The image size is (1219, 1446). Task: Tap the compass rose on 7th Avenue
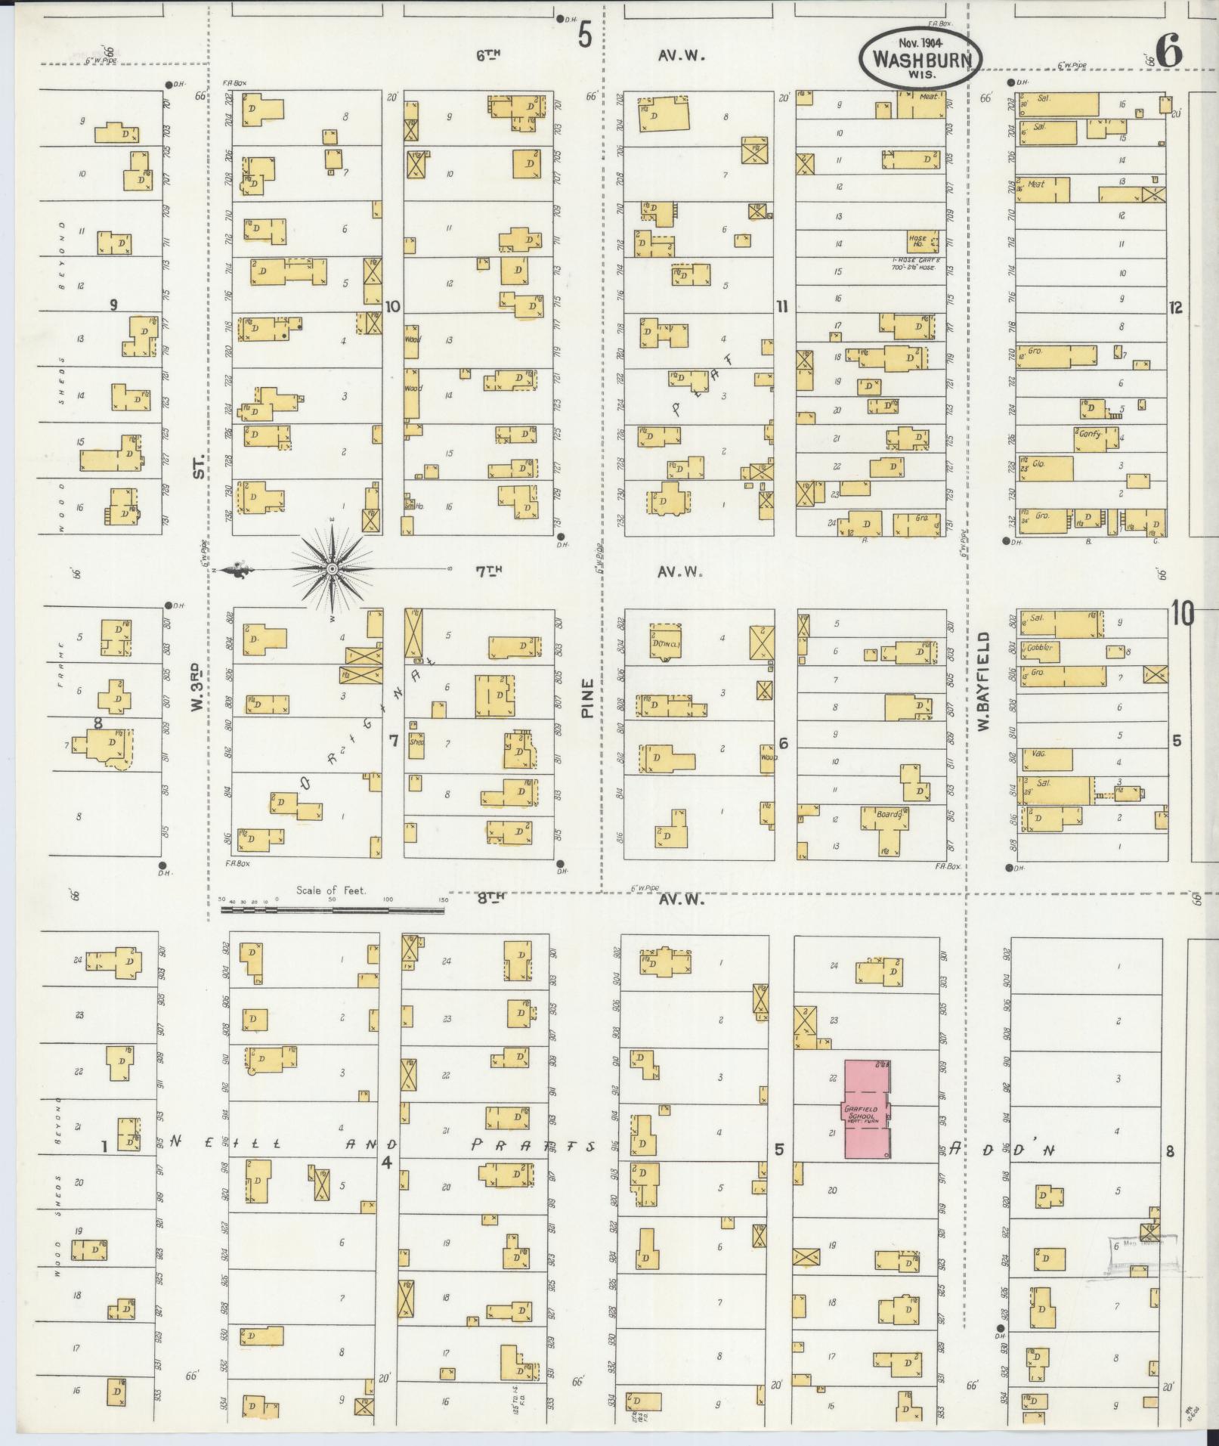[332, 568]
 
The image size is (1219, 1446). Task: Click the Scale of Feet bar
[333, 909]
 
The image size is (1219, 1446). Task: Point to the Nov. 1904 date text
[920, 44]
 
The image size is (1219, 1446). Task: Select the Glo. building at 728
[1045, 468]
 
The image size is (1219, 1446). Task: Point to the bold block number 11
[781, 306]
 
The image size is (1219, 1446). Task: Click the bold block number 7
[393, 741]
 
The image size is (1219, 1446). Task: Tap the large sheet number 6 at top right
[1168, 51]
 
